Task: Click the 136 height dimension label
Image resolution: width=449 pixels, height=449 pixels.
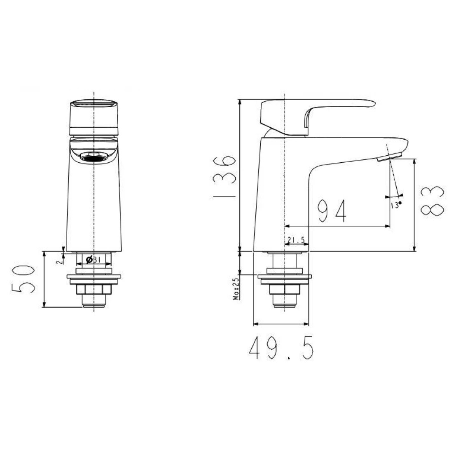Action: pos(224,177)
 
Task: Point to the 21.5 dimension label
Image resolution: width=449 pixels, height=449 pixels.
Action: pos(296,240)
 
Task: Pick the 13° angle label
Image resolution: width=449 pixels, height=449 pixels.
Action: pos(396,205)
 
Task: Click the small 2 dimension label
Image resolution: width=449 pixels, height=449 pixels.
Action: pos(59,260)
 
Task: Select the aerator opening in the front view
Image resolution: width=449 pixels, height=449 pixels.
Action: pos(94,157)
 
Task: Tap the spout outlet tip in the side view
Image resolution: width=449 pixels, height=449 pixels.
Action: pos(390,157)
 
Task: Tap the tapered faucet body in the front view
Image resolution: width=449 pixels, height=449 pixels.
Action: pos(94,206)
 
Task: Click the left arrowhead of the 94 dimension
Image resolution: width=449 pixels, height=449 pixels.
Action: pos(287,226)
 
